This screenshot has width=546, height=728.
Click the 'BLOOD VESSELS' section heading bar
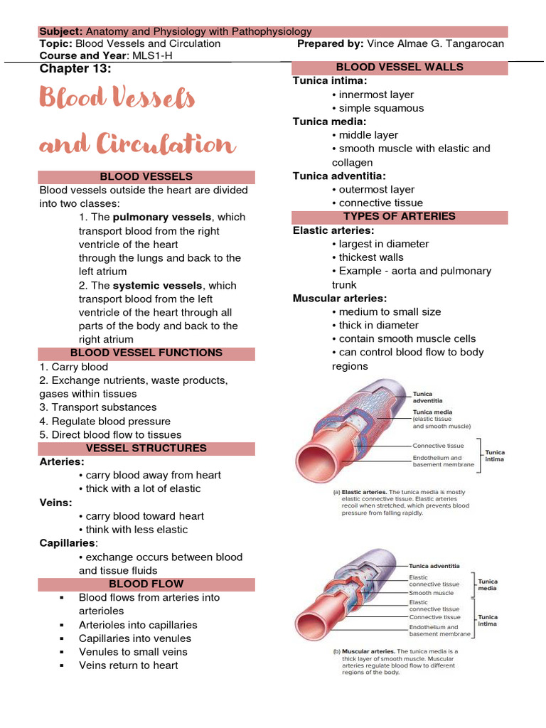(x=146, y=176)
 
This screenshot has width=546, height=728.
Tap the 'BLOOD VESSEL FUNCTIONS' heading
(x=146, y=353)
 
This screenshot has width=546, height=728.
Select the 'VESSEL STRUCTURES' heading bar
(x=146, y=448)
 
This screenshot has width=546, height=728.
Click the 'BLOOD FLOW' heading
(x=146, y=584)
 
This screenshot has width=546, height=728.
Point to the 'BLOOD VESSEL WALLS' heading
(x=400, y=67)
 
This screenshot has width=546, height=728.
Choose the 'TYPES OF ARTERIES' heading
(x=400, y=216)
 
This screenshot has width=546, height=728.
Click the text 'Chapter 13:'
(x=75, y=68)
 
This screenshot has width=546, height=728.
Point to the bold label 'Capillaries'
(x=69, y=543)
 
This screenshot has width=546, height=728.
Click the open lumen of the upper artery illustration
(x=313, y=462)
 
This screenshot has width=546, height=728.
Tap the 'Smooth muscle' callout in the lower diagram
(x=431, y=592)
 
